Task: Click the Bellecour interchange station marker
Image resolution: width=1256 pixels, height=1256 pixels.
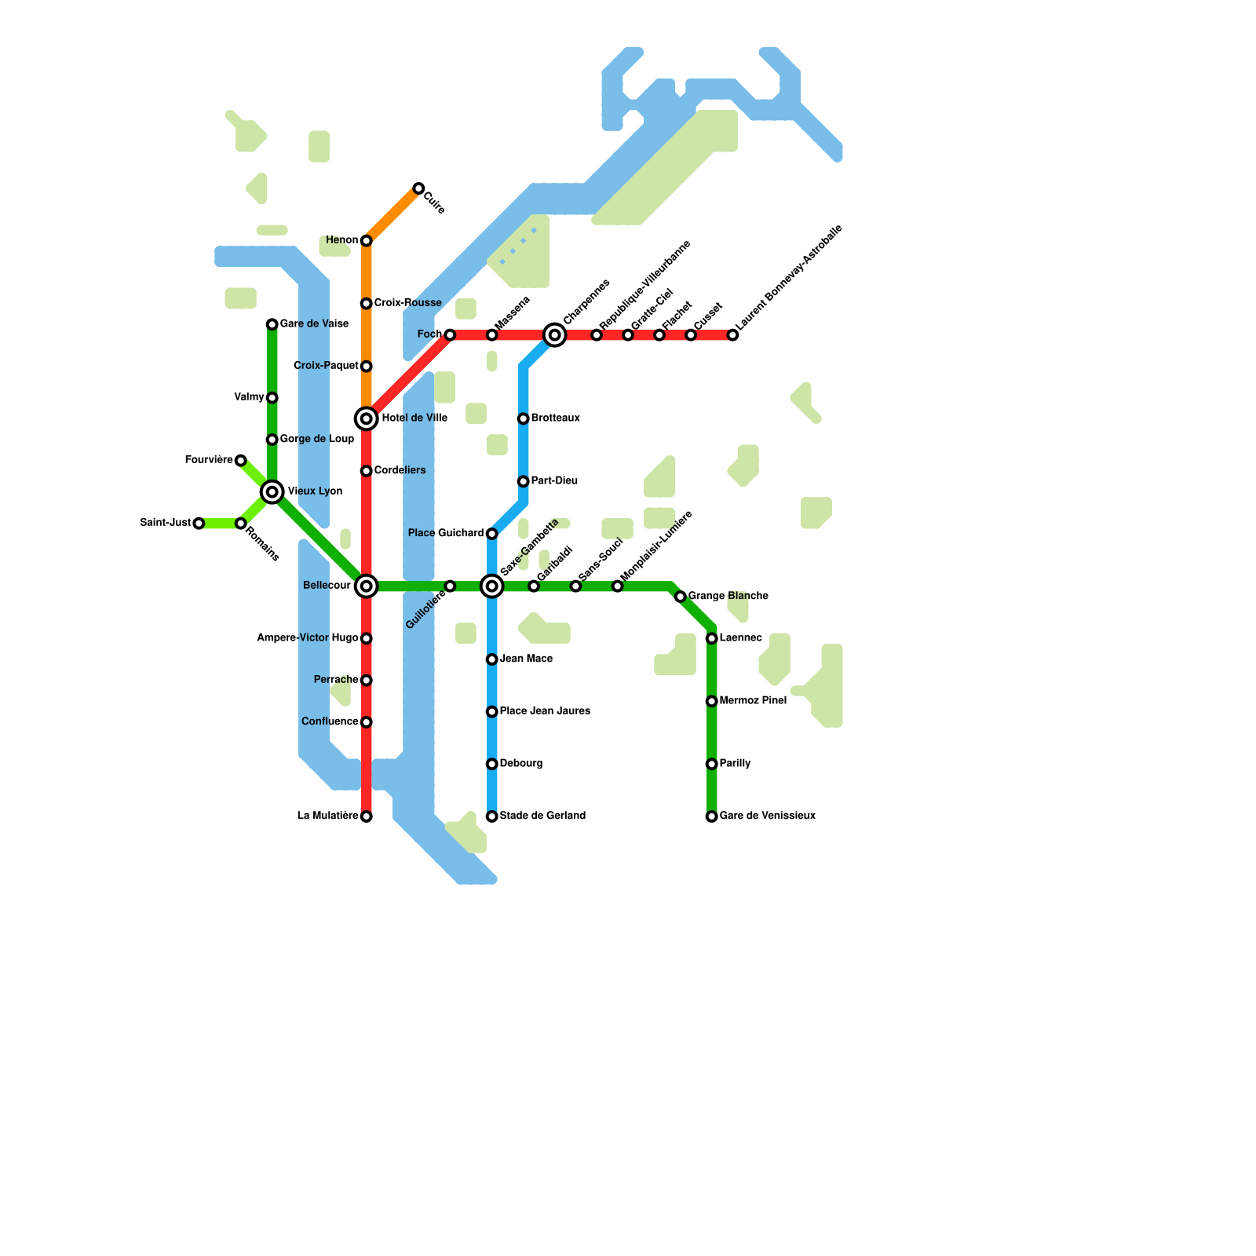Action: [366, 586]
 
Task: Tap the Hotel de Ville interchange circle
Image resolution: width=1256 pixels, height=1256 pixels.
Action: [366, 418]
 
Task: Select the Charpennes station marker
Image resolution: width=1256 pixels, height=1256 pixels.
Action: [555, 335]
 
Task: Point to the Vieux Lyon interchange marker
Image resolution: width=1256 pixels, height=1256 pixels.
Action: [272, 492]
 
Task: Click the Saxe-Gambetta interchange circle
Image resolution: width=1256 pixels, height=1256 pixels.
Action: [492, 586]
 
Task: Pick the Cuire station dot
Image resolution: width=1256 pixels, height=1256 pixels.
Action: [418, 188]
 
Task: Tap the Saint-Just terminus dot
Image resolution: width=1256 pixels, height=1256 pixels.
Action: [199, 524]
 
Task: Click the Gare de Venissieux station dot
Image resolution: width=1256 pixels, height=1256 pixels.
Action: [712, 816]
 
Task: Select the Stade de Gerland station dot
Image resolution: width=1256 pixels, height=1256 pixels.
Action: [492, 816]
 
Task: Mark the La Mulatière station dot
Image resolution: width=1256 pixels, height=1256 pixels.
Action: [366, 816]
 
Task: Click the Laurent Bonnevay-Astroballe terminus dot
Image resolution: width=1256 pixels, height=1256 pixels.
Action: [732, 335]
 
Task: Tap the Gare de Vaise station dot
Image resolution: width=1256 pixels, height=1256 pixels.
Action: [272, 324]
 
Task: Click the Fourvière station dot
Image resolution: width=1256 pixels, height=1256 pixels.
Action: [241, 461]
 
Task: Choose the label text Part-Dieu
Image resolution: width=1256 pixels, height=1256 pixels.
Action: [554, 480]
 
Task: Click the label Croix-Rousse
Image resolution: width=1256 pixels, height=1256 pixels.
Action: [407, 303]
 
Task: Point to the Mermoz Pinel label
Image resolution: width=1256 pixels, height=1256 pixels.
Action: [753, 700]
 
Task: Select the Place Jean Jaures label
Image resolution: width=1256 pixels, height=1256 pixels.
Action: [545, 711]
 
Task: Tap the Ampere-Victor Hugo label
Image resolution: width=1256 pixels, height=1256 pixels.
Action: [308, 638]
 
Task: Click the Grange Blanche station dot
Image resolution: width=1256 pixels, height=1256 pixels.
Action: [681, 597]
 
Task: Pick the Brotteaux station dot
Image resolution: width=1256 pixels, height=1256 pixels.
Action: [524, 418]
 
